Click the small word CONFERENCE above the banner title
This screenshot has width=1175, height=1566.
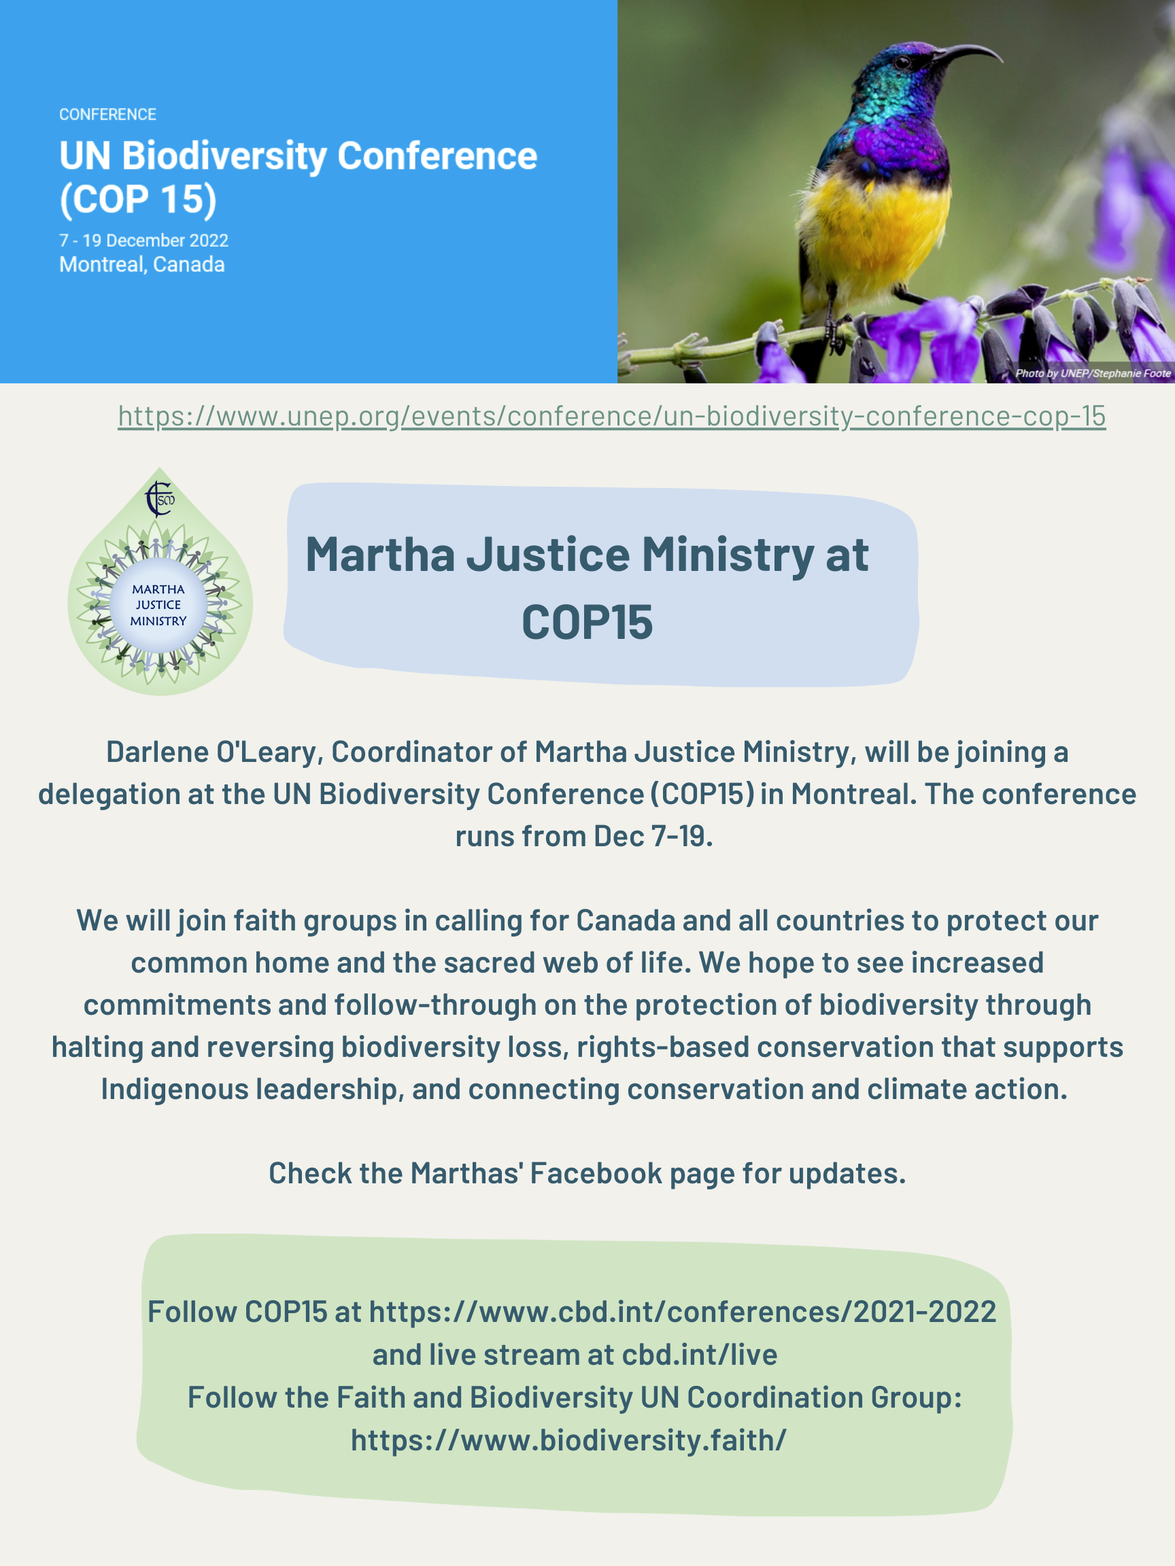point(107,114)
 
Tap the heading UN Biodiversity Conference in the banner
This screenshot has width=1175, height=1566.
point(297,156)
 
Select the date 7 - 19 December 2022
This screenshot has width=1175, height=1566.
point(143,241)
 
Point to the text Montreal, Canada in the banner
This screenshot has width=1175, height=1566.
point(141,265)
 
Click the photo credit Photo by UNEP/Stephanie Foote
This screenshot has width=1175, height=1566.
point(1093,373)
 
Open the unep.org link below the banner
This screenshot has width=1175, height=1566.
point(611,416)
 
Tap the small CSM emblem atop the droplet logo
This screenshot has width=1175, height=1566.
point(159,498)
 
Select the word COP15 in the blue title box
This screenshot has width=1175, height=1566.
point(587,623)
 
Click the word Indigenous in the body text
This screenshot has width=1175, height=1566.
point(174,1089)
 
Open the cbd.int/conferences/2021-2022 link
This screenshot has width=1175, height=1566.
point(682,1312)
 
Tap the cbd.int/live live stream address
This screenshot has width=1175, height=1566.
point(699,1355)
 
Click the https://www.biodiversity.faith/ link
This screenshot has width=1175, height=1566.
point(568,1440)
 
